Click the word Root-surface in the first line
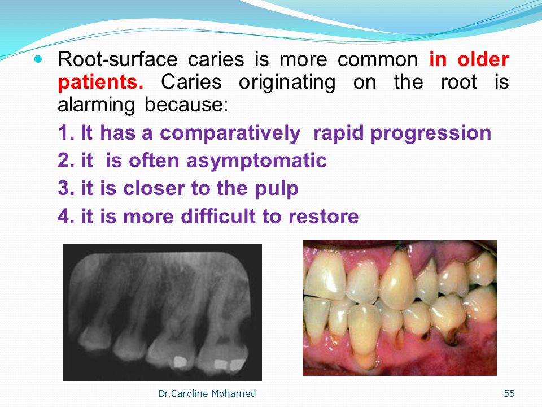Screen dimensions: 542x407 point(117,59)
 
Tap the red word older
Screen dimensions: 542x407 point(483,59)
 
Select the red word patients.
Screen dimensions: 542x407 point(100,83)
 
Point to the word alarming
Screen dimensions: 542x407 point(96,105)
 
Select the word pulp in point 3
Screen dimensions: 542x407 point(276,189)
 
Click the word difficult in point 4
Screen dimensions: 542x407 point(218,217)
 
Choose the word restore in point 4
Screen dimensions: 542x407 point(324,217)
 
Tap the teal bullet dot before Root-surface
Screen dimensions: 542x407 point(38,59)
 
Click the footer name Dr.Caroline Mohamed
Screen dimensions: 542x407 point(207,393)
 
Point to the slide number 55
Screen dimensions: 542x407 point(509,393)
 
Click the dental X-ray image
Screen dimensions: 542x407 point(163,313)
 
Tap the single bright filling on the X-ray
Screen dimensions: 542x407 point(180,362)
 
